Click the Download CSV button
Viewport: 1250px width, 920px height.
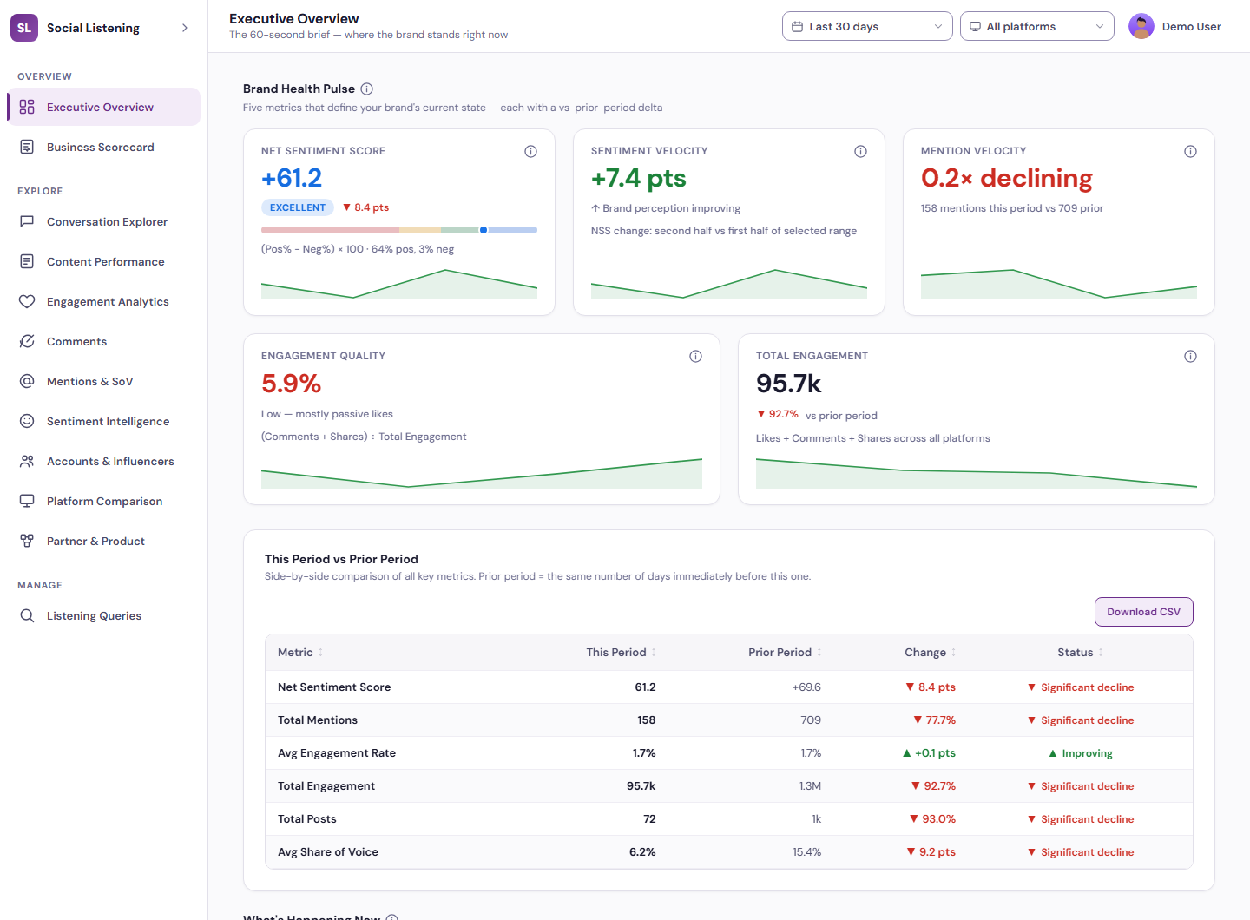1143,612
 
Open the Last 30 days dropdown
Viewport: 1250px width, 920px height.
866,26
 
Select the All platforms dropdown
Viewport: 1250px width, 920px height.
1036,26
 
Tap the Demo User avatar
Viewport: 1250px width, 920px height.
1141,26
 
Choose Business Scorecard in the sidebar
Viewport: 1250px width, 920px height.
100,148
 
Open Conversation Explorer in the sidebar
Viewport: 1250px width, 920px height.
107,222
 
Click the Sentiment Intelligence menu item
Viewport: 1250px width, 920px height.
108,421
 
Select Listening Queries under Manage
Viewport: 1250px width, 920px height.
94,615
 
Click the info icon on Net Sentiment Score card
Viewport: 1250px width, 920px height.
530,151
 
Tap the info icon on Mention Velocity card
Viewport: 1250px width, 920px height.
1190,151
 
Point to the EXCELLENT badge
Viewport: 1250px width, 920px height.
298,207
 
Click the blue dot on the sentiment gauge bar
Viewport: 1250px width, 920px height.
484,230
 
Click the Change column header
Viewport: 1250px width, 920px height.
925,652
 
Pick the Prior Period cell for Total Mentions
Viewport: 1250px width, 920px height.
810,720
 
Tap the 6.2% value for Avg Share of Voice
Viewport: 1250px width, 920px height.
642,852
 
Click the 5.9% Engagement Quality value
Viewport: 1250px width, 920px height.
292,384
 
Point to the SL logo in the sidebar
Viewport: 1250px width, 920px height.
24,28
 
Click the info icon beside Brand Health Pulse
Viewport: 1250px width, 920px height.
366,89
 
